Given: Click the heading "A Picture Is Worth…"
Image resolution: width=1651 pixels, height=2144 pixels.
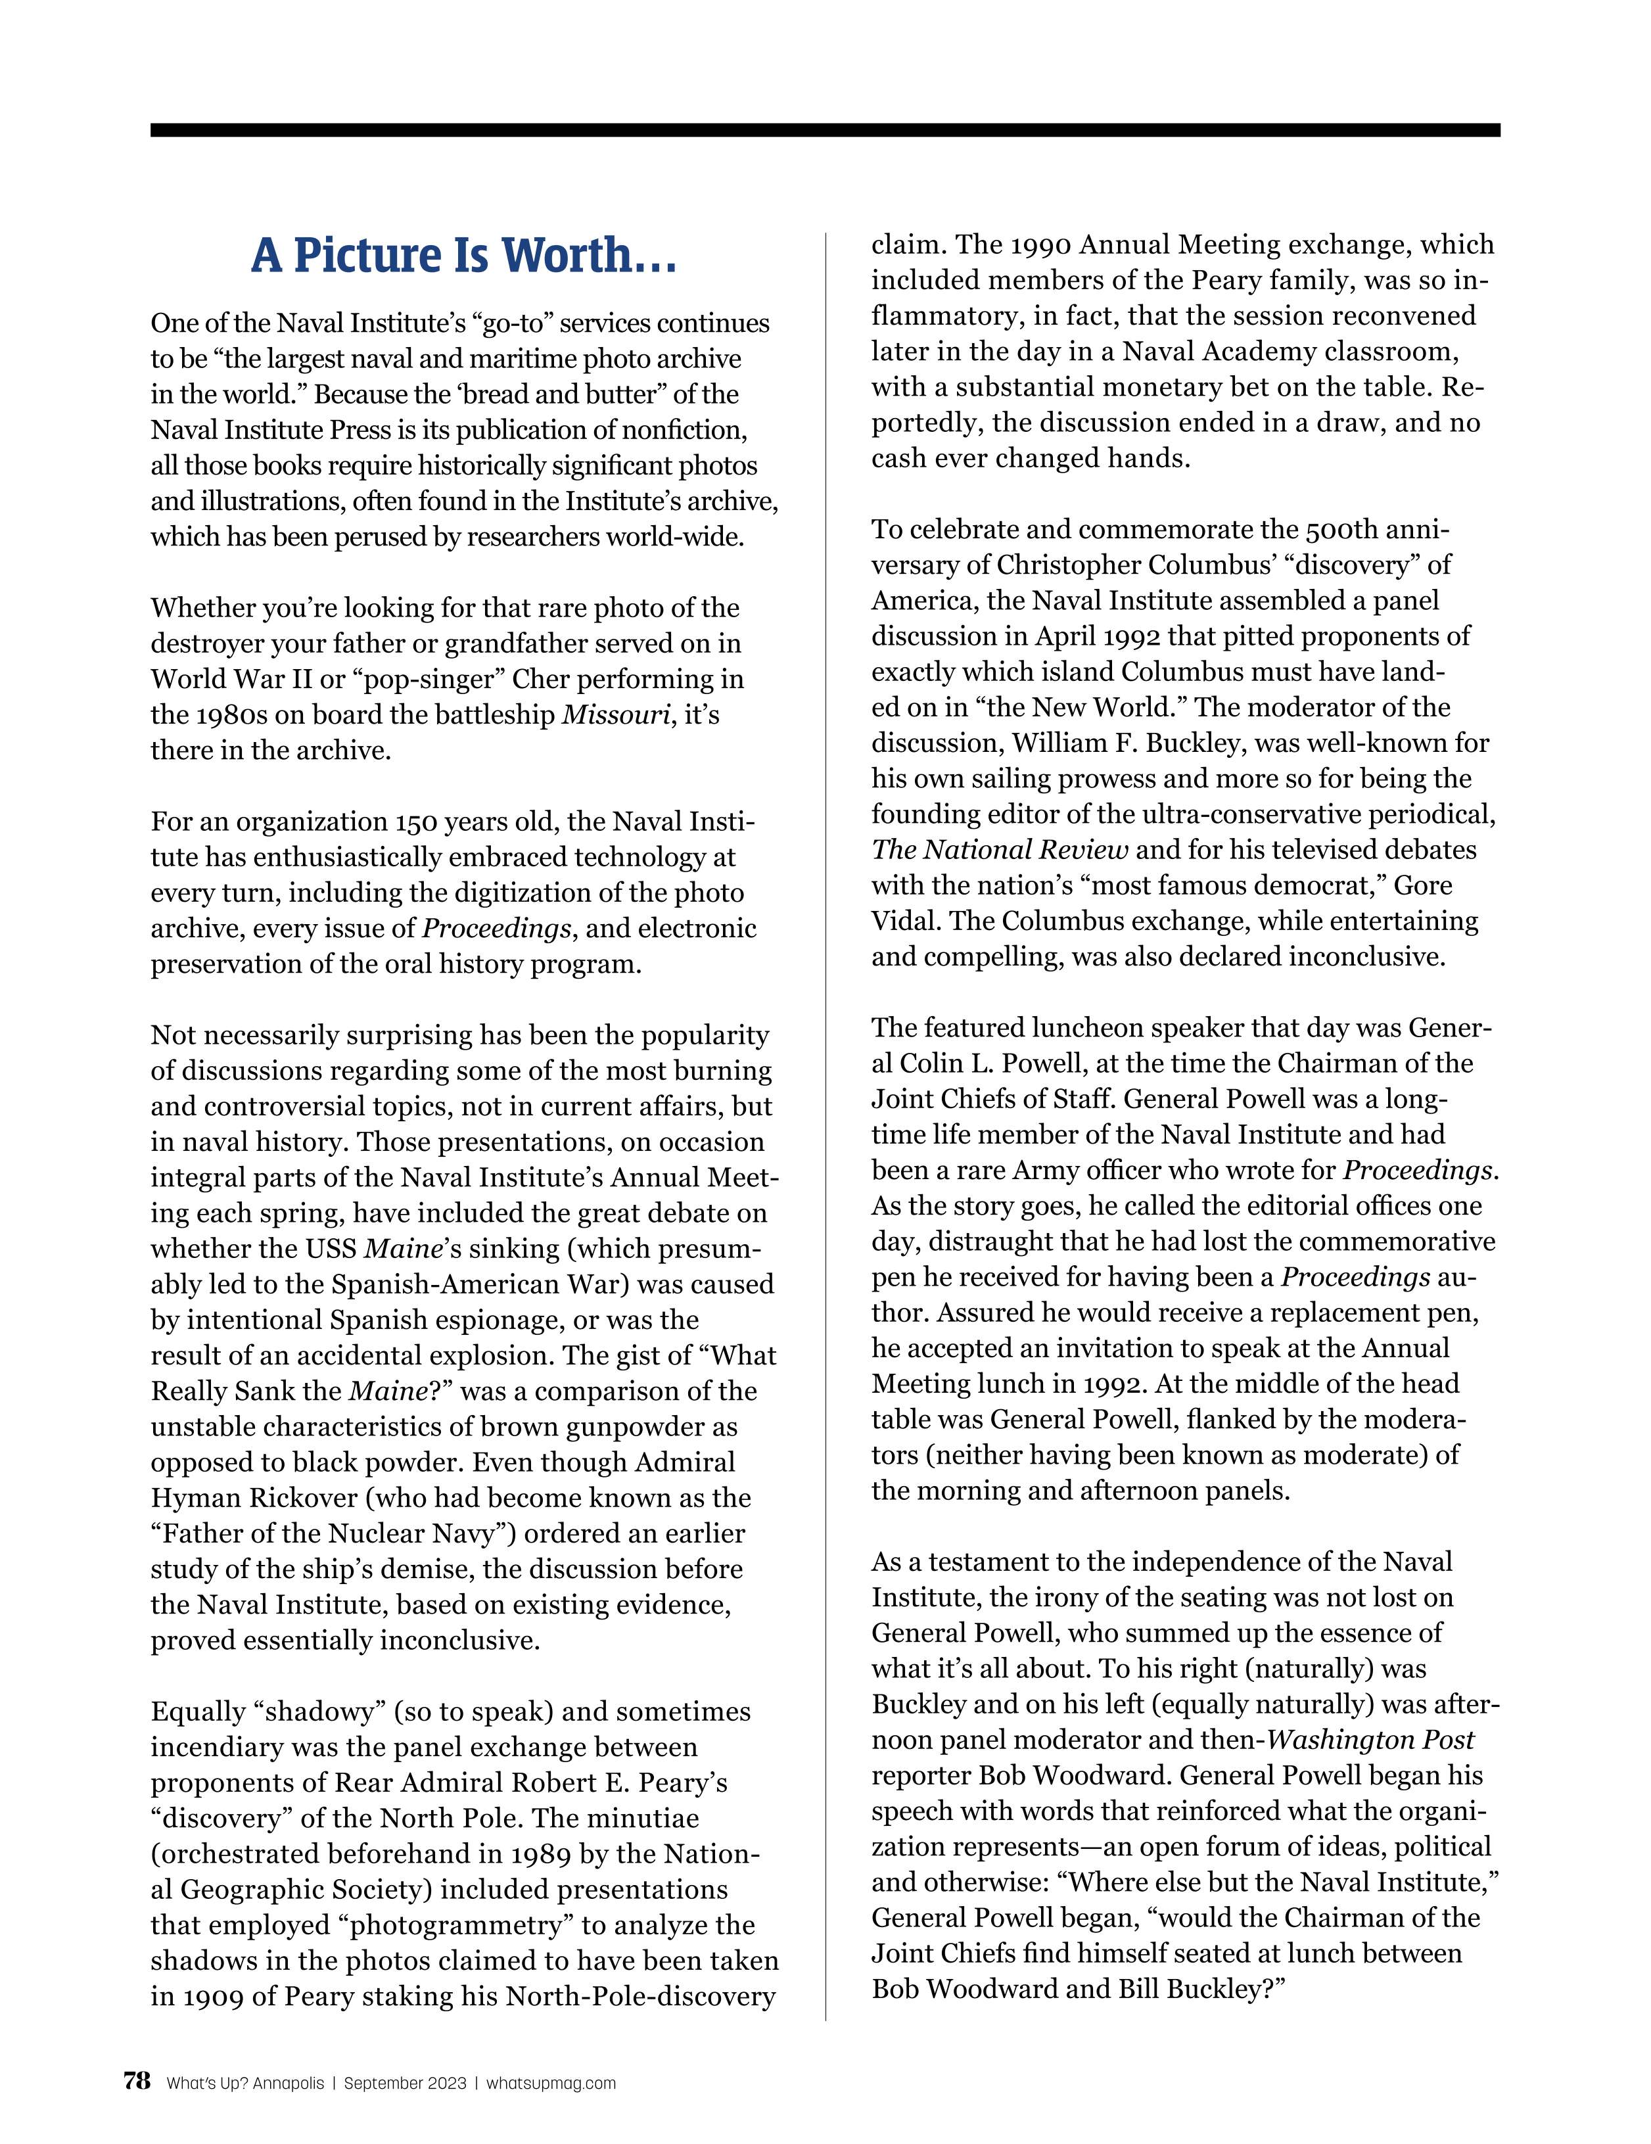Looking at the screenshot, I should (463, 255).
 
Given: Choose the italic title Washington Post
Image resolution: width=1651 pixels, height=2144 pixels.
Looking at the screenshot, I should (1370, 1740).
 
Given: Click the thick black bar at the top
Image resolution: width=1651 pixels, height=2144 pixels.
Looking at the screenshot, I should (825, 129).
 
